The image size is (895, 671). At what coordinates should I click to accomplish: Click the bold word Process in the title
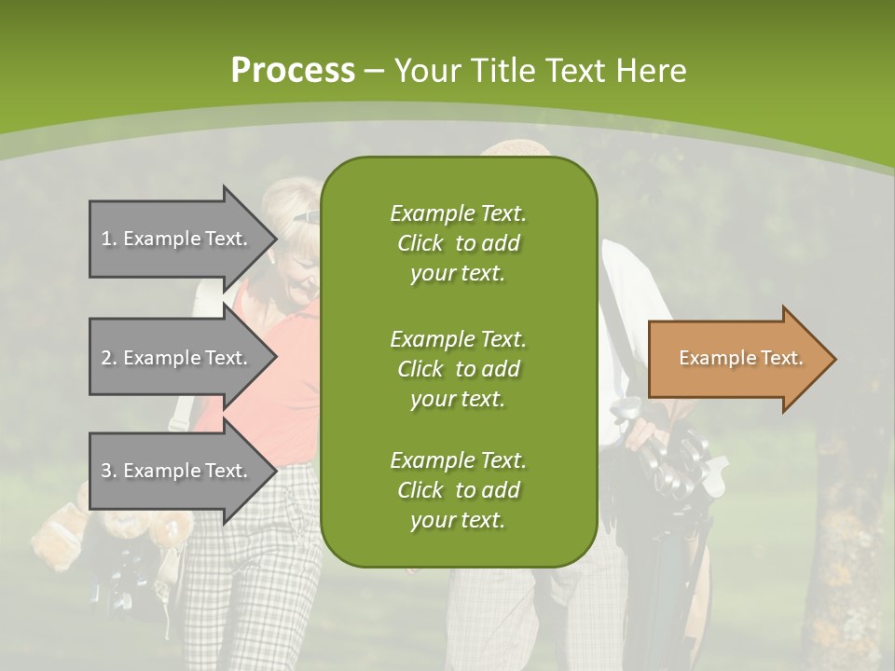(293, 71)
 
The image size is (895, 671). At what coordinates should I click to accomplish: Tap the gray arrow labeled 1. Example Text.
(177, 239)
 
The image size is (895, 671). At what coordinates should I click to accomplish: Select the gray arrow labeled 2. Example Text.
(177, 358)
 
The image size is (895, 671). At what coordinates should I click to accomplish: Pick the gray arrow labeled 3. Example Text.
(177, 471)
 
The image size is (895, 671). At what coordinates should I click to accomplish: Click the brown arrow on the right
(737, 359)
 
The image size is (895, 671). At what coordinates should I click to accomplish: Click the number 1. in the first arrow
(109, 239)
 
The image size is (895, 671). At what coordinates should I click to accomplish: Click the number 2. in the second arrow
(109, 358)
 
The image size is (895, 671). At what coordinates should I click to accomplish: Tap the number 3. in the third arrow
(109, 471)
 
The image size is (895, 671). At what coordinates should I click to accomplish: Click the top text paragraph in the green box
(458, 243)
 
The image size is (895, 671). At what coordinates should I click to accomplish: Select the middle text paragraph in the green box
(458, 368)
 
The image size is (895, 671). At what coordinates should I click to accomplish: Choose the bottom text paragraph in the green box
(458, 490)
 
